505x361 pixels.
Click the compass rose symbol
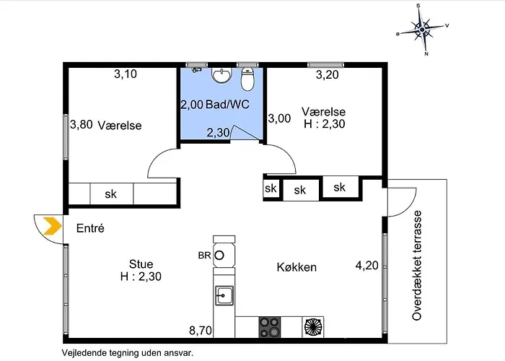pos(423,30)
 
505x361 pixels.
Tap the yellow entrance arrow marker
pos(51,226)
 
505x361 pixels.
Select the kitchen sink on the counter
pos(224,295)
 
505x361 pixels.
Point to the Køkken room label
pos(297,267)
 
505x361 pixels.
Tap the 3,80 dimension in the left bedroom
pos(82,124)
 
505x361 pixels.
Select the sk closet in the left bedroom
pos(111,193)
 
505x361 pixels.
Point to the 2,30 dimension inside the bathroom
pos(219,132)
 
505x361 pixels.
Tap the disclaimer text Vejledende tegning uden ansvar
pos(127,352)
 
